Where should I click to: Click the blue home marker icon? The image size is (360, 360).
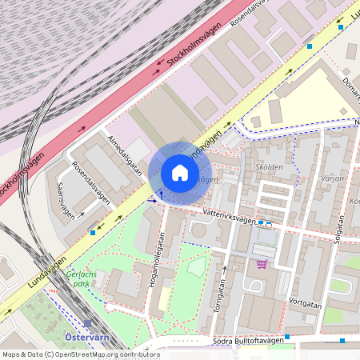pyautogui.click(x=180, y=173)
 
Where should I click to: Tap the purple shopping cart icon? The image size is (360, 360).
pyautogui.click(x=261, y=264)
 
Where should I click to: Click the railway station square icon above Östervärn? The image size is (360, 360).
pyautogui.click(x=86, y=323)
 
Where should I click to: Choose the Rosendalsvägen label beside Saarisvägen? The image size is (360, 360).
pyautogui.click(x=90, y=184)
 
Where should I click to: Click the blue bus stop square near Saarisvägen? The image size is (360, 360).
pyautogui.click(x=94, y=232)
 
